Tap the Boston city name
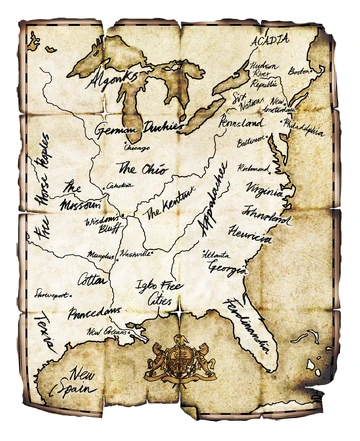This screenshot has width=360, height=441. [299, 72]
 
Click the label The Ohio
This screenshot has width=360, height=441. [139, 166]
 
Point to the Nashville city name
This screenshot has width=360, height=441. [136, 254]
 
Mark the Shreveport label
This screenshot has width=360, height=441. [52, 295]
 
